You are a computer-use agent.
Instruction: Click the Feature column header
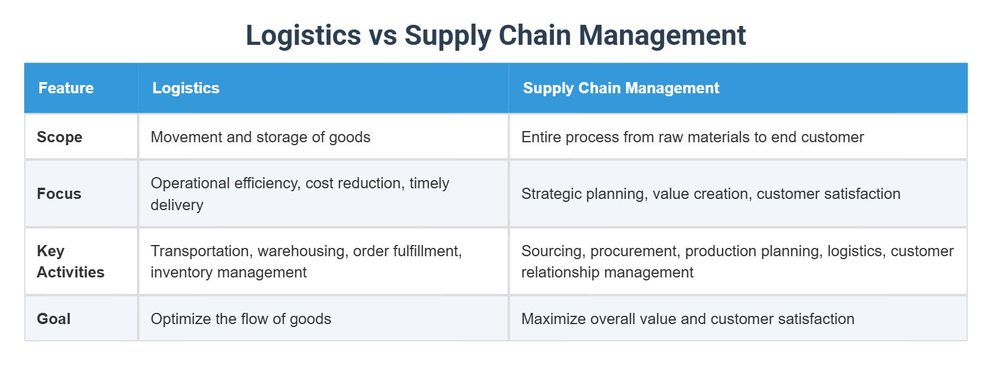(x=66, y=88)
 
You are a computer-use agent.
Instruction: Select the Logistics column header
(x=185, y=88)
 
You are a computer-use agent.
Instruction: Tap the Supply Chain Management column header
(x=621, y=88)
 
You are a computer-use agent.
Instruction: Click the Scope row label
(x=60, y=137)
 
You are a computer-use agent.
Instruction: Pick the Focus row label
(x=59, y=194)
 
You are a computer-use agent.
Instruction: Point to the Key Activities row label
(x=70, y=262)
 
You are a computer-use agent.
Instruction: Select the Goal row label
(x=54, y=319)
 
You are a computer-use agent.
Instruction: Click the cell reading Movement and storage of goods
(x=260, y=137)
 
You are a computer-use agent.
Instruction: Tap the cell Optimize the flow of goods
(x=241, y=319)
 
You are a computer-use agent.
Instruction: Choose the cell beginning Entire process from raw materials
(x=692, y=137)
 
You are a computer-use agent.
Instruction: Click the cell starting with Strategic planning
(x=710, y=194)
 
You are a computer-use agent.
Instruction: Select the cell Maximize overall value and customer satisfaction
(x=687, y=319)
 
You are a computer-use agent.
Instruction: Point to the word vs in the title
(x=383, y=35)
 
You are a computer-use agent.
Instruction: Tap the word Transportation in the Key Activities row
(x=201, y=251)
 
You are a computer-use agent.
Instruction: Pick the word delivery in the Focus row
(x=177, y=205)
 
